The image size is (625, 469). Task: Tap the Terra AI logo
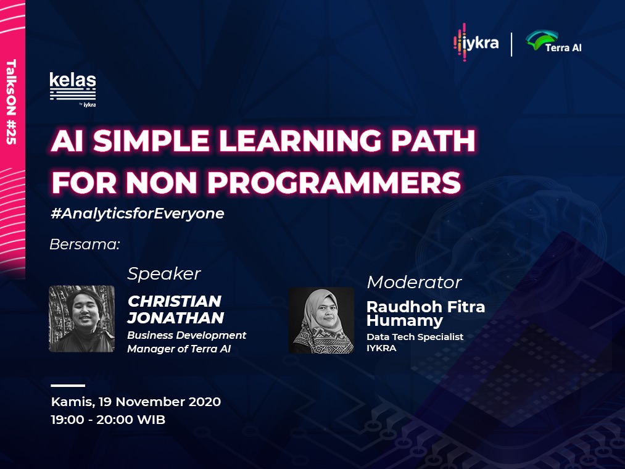[x=553, y=41]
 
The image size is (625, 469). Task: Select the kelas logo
[x=73, y=89]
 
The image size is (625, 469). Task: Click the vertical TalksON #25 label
[x=11, y=102]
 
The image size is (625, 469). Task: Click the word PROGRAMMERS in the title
[x=334, y=182]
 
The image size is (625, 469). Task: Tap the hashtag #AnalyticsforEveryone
[x=138, y=214]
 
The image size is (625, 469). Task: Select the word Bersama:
[x=85, y=244]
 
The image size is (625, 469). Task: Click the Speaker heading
[x=164, y=274]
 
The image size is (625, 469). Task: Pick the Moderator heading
[x=414, y=283]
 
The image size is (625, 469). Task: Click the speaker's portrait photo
[x=81, y=318]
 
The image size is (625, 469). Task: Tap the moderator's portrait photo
[x=321, y=320]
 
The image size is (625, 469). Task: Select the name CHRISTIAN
[x=175, y=301]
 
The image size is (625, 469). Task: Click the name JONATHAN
[x=175, y=318]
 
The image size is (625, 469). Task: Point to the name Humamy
[x=405, y=321]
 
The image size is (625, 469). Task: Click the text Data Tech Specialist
[x=415, y=337]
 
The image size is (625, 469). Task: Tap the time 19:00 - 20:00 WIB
[x=108, y=420]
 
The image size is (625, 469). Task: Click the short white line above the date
[x=68, y=386]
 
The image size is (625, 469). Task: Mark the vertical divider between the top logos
[x=512, y=44]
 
